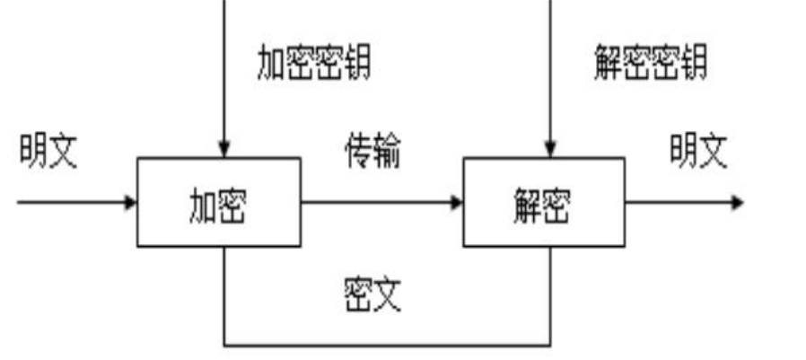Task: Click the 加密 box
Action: pos(218,202)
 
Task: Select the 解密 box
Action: pos(543,202)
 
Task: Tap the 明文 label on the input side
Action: pos(49,152)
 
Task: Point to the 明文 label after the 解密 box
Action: pos(698,152)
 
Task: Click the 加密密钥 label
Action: pos(313,63)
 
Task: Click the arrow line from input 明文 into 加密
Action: pos(72,202)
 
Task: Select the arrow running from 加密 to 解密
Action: pos(377,202)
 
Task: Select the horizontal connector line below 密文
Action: pos(386,344)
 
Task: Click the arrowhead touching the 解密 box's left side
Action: pos(457,202)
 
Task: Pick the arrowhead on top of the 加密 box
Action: pos(225,150)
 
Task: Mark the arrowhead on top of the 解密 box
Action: pos(551,150)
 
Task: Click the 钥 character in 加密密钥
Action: pos(356,63)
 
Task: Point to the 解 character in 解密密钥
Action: pos(609,63)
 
